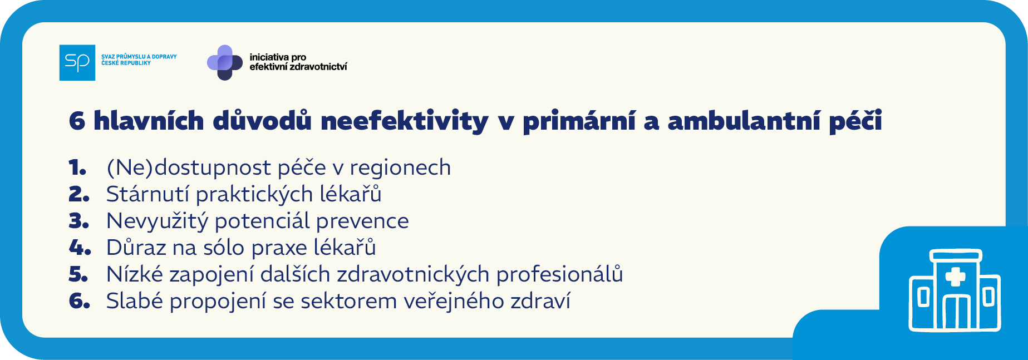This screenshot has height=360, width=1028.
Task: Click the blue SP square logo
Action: click(x=77, y=62)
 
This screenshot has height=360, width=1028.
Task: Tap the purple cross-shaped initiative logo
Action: click(x=225, y=62)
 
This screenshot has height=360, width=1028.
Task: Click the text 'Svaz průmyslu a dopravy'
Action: click(x=139, y=57)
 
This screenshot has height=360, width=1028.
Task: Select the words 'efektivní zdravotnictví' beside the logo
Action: click(x=298, y=67)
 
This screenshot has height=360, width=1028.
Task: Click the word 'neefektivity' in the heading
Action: click(x=404, y=121)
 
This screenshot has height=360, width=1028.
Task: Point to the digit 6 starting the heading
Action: click(x=77, y=121)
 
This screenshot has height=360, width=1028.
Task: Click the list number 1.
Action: click(x=77, y=167)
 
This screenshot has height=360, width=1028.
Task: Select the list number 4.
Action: click(x=80, y=248)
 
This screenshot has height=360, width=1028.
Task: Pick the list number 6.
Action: click(x=79, y=301)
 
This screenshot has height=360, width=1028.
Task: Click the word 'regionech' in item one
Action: click(x=400, y=167)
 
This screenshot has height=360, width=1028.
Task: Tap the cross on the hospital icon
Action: click(x=955, y=277)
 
